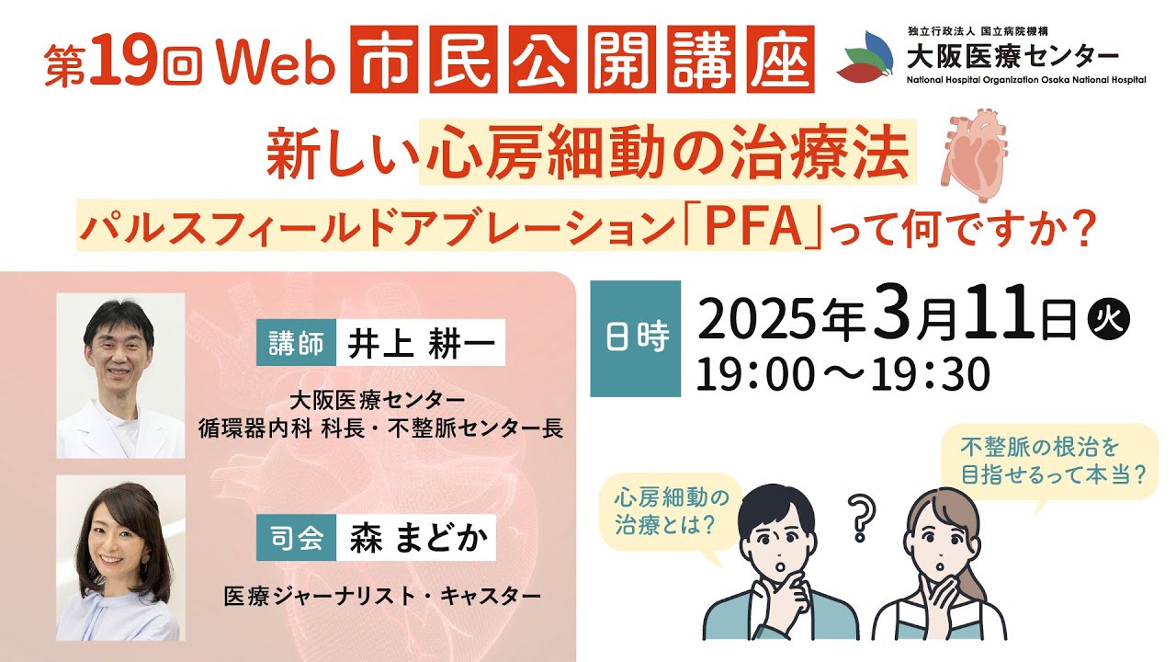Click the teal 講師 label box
[x=297, y=343]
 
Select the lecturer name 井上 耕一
[x=420, y=343]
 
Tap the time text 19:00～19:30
[x=842, y=374]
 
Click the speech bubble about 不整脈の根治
[x=1053, y=461]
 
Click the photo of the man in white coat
[x=120, y=375]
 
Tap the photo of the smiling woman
[x=120, y=557]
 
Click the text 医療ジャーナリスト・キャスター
[x=382, y=597]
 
